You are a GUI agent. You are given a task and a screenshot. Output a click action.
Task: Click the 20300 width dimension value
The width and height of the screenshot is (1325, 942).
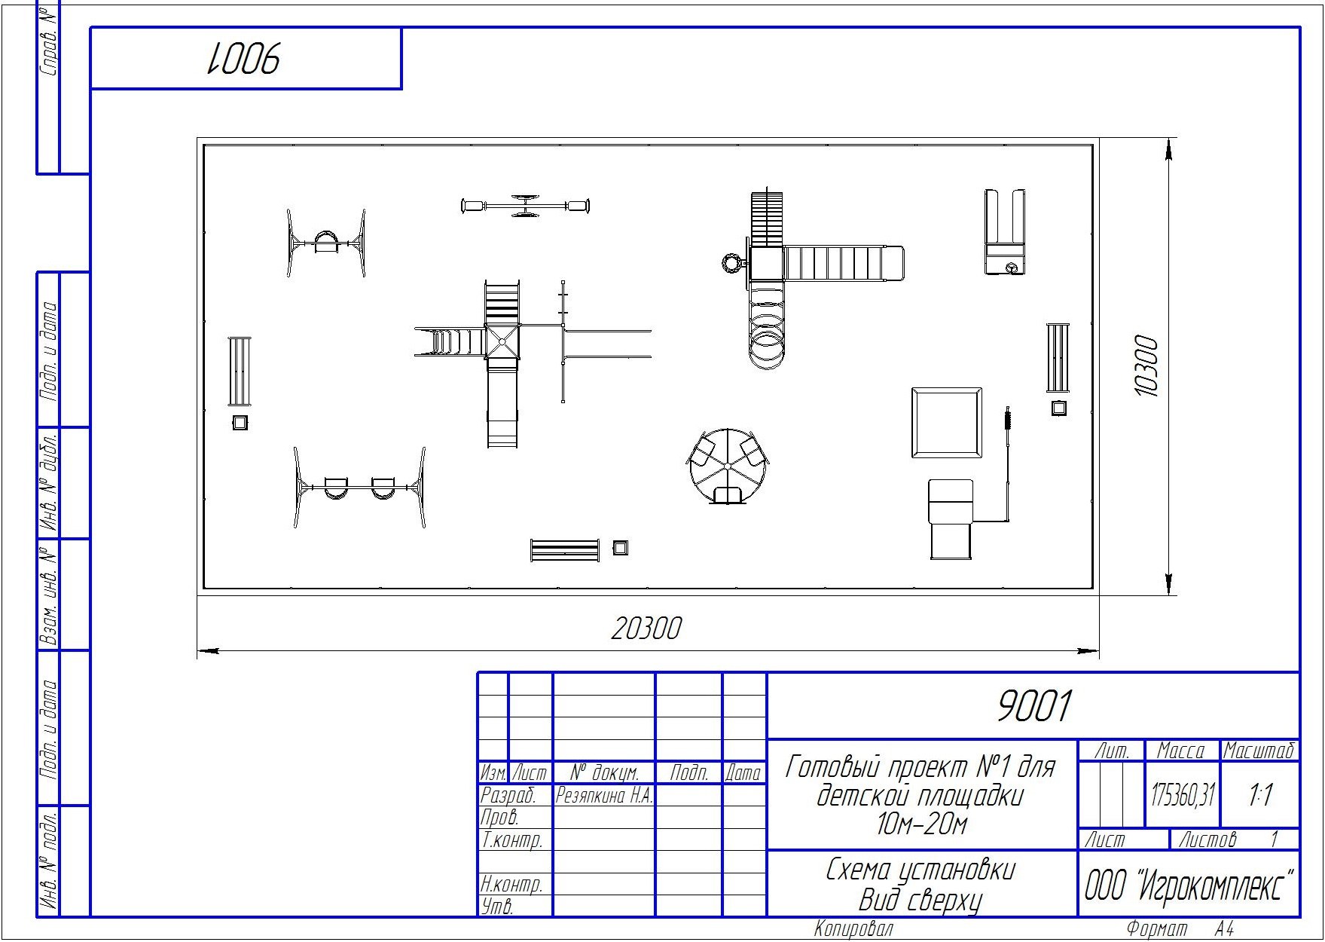click(x=646, y=628)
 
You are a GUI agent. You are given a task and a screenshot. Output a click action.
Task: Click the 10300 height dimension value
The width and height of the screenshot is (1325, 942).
click(x=1144, y=366)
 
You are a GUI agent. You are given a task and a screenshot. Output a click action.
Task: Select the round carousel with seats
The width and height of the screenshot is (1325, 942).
click(x=728, y=466)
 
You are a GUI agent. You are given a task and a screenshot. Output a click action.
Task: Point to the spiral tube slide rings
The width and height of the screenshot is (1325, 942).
click(x=766, y=332)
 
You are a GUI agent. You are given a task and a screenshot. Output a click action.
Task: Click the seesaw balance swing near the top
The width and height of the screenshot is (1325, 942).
click(x=525, y=206)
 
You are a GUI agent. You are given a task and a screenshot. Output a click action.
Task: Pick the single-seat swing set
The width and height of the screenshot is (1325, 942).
click(x=326, y=243)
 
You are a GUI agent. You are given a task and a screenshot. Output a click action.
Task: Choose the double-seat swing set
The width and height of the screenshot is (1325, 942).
click(x=359, y=487)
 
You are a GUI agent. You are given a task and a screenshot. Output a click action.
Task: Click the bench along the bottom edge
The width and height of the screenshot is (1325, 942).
click(x=565, y=550)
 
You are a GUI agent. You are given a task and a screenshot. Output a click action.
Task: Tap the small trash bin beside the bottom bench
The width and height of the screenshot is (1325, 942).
click(x=620, y=548)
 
